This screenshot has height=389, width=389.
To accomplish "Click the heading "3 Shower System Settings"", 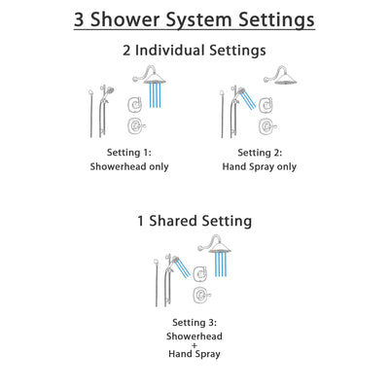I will click(194, 19).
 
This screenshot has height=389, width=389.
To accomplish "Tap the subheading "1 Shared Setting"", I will click(194, 221).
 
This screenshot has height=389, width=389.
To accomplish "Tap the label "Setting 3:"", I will click(194, 322).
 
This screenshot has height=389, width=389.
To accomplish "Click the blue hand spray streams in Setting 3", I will click(180, 265).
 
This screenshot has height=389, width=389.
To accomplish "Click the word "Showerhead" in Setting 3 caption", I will click(194, 336).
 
